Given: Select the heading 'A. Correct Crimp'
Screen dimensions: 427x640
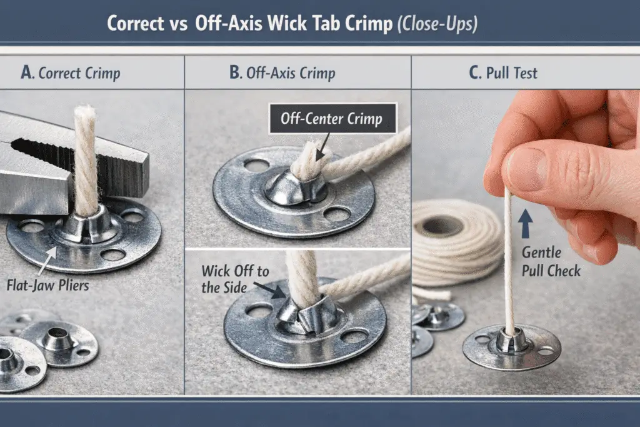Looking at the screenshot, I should [70, 73].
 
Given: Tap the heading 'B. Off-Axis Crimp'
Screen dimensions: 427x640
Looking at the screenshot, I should [282, 73].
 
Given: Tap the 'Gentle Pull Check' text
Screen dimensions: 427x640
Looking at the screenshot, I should [551, 262].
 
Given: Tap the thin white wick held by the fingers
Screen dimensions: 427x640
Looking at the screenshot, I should [509, 263].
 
